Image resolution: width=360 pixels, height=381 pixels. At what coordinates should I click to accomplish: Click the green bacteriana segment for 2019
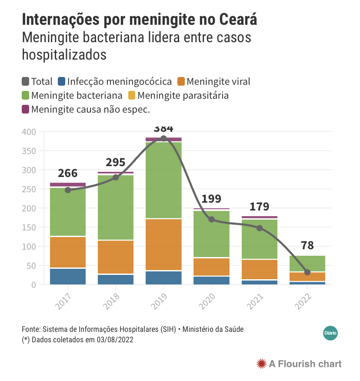point(163,180)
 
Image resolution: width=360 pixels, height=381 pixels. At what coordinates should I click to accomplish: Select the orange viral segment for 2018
point(116,257)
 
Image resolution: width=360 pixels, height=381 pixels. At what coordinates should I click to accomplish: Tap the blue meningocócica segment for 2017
point(68,277)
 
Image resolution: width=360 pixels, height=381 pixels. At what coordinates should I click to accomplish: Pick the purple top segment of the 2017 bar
point(68,185)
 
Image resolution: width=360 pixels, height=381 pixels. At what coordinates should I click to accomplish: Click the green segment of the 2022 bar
point(307,264)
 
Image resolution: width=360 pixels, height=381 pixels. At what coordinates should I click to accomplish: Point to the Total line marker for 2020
point(212,219)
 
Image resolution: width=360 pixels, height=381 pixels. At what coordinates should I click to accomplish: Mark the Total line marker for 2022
point(307,272)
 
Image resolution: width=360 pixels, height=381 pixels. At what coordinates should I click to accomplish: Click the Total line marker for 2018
point(116,177)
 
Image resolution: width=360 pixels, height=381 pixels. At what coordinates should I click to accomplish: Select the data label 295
point(115,162)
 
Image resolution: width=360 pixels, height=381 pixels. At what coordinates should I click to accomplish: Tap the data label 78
point(307,245)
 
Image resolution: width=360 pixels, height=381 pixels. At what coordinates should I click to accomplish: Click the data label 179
point(260,207)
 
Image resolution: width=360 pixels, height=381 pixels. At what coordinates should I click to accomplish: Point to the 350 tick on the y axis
point(29,151)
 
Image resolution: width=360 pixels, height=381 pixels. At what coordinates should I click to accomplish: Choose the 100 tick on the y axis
point(29,247)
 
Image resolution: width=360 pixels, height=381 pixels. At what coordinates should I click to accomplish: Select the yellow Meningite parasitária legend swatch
point(132,96)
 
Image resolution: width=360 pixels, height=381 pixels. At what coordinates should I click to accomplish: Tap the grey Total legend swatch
point(25,81)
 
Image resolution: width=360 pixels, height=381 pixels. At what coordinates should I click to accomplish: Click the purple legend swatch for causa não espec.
point(25,109)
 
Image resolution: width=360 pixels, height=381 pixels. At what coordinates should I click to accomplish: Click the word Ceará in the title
point(238,19)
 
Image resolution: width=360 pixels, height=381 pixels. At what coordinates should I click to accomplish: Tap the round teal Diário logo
point(330,333)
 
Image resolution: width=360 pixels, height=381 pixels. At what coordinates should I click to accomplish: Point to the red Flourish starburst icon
point(262,364)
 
